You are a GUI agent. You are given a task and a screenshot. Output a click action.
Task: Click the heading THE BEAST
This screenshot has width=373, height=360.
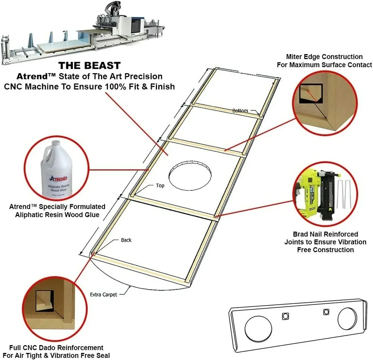[x=90, y=66]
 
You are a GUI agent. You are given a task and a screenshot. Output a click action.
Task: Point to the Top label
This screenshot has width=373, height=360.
[x=160, y=185]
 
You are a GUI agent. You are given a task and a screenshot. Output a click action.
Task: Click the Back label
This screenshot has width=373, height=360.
[x=126, y=240]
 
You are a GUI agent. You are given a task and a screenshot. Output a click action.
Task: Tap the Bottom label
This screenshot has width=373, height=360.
[x=240, y=111]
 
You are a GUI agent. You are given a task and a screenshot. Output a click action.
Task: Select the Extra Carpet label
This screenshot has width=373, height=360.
[x=103, y=294]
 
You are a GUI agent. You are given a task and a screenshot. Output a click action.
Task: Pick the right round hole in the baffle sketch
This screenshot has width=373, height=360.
[x=349, y=319]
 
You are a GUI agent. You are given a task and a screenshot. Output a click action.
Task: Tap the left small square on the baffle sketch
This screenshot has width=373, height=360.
[x=285, y=316]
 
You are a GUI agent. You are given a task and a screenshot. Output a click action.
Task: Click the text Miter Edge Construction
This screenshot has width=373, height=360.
[x=324, y=57]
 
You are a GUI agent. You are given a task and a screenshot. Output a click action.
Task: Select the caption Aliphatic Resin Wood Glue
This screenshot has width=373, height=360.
[x=57, y=215]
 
